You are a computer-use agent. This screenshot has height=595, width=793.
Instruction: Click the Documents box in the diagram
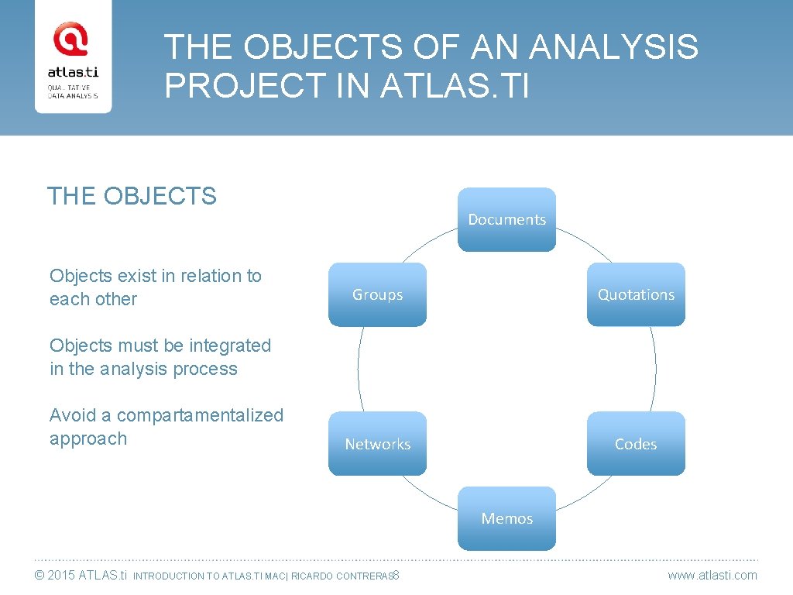pyautogui.click(x=506, y=219)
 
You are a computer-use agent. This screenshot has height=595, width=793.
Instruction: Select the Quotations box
pyautogui.click(x=636, y=294)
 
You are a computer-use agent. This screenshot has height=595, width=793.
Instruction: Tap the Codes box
pyautogui.click(x=636, y=444)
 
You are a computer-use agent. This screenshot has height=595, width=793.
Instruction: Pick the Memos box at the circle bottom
pyautogui.click(x=506, y=518)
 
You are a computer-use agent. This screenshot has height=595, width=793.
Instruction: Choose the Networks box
pyautogui.click(x=377, y=444)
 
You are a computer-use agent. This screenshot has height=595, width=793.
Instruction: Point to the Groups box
pyautogui.click(x=377, y=294)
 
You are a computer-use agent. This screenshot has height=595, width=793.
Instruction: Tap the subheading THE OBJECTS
pyautogui.click(x=132, y=196)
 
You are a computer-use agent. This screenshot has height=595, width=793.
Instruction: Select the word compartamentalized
pyautogui.click(x=200, y=415)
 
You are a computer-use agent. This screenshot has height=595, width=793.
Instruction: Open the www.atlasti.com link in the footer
pyautogui.click(x=712, y=575)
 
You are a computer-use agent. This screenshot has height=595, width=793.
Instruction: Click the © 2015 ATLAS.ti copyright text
pyautogui.click(x=81, y=575)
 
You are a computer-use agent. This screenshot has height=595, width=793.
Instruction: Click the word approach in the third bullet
pyautogui.click(x=88, y=439)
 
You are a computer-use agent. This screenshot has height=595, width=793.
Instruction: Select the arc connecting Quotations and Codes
pyautogui.click(x=655, y=369)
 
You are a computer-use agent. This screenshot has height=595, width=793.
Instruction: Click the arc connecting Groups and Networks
pyautogui.click(x=358, y=369)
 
